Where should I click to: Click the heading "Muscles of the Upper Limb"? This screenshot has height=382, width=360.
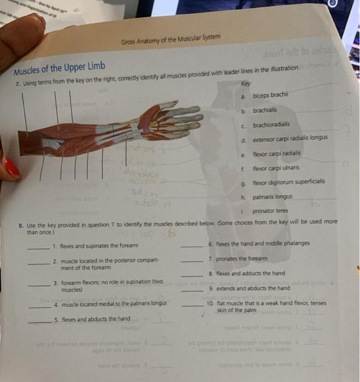(x=60, y=67)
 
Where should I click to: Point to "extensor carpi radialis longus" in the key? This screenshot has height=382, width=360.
(x=290, y=138)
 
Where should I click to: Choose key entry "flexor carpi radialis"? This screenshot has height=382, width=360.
(x=276, y=153)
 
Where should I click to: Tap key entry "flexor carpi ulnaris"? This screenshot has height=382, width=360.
(x=276, y=168)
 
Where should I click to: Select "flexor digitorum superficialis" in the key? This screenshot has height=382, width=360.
(x=288, y=181)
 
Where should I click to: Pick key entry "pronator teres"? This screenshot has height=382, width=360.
(x=270, y=211)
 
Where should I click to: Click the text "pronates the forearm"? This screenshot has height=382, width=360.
(x=241, y=258)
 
